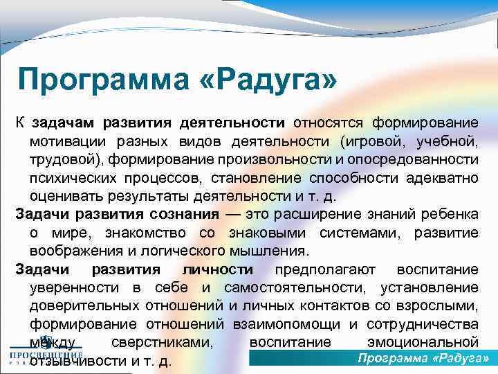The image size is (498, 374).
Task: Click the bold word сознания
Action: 176,213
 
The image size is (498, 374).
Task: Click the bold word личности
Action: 217,269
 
